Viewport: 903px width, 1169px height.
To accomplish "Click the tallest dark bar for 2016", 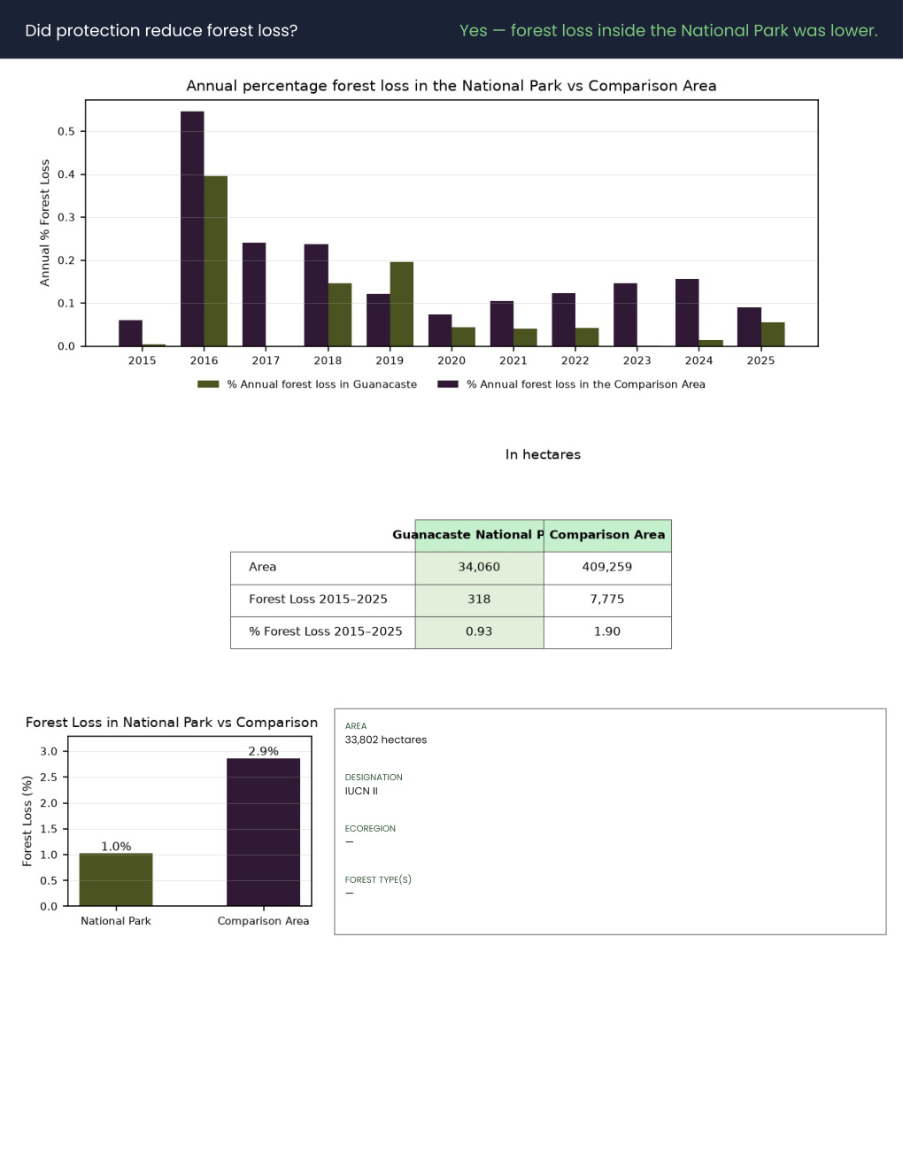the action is [x=192, y=228].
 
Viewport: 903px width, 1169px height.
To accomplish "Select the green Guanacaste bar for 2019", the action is [x=402, y=304].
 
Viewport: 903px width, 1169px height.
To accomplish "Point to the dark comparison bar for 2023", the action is [x=626, y=314].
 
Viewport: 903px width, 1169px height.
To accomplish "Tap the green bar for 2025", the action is [x=773, y=334].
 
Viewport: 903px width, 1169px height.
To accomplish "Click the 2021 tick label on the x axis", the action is [x=513, y=360].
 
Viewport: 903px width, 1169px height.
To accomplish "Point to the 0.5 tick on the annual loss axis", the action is [x=66, y=131].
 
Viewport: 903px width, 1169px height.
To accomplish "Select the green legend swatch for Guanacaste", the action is [x=208, y=384].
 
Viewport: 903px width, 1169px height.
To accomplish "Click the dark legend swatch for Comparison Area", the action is [x=447, y=384].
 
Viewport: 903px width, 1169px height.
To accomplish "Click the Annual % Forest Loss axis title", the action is [x=44, y=222].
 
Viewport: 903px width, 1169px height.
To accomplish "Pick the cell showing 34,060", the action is [x=479, y=568].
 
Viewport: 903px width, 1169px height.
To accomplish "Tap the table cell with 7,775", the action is [x=607, y=600].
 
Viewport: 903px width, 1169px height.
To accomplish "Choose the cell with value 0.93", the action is [x=479, y=632].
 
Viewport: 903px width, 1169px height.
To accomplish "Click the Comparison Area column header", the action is [x=607, y=535].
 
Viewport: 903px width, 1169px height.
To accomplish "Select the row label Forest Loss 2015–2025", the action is [x=318, y=600].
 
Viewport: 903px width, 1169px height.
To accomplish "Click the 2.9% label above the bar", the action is [x=263, y=751].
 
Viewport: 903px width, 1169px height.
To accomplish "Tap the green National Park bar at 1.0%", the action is [x=116, y=879].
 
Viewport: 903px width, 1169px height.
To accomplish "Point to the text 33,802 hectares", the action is [x=386, y=739].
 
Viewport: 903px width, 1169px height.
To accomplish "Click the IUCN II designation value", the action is [x=361, y=791].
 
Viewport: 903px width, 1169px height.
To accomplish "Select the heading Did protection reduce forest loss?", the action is [x=161, y=31].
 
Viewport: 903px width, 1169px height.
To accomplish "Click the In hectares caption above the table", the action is [x=543, y=454].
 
